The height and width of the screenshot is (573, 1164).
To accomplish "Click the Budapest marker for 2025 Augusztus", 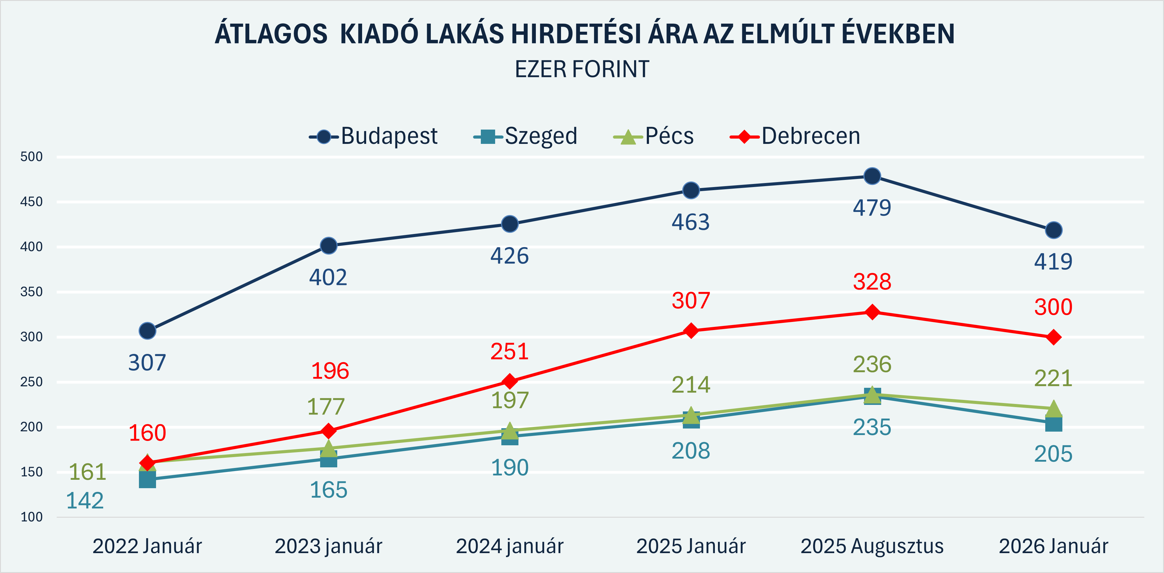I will coord(872,176).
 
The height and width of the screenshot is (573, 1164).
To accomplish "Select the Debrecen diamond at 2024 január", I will coord(510,381).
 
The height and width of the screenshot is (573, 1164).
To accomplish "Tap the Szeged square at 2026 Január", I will coord(1053,424).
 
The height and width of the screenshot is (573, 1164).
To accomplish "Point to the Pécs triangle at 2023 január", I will coord(329,448).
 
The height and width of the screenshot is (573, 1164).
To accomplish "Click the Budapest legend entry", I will coord(373,136).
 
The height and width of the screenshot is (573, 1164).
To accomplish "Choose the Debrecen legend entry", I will coord(795,136).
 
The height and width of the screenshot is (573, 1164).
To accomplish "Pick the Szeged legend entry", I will coord(526,136).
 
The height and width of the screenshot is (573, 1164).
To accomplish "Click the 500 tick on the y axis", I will coord(32,157).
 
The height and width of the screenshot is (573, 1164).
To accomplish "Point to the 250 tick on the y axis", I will coord(32,382).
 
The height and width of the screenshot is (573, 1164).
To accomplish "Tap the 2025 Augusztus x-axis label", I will coord(872,546).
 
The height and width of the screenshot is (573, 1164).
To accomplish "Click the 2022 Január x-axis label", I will coord(147,546).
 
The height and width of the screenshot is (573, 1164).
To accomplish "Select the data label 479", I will coord(872,208).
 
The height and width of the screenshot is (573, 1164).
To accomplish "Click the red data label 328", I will coord(872,282).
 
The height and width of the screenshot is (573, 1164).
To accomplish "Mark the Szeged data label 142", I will coord(85,501).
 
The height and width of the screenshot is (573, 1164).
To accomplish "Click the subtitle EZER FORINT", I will coord(582,70).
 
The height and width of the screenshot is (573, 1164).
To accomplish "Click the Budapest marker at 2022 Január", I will coord(147,331).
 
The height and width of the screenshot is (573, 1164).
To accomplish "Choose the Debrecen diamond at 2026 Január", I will coord(1053,337).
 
